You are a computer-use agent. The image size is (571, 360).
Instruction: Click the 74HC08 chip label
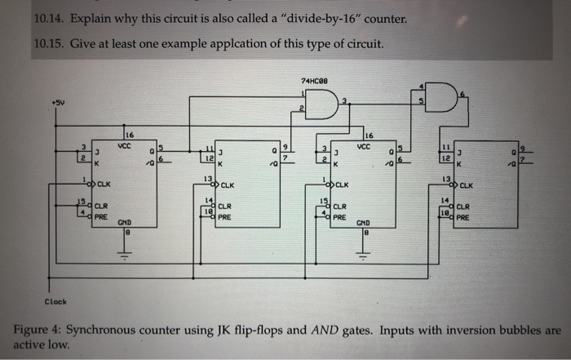[x=314, y=80]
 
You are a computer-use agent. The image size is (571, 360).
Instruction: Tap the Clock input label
[x=56, y=300]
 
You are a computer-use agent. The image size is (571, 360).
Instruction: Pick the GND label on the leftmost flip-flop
[x=125, y=221]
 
